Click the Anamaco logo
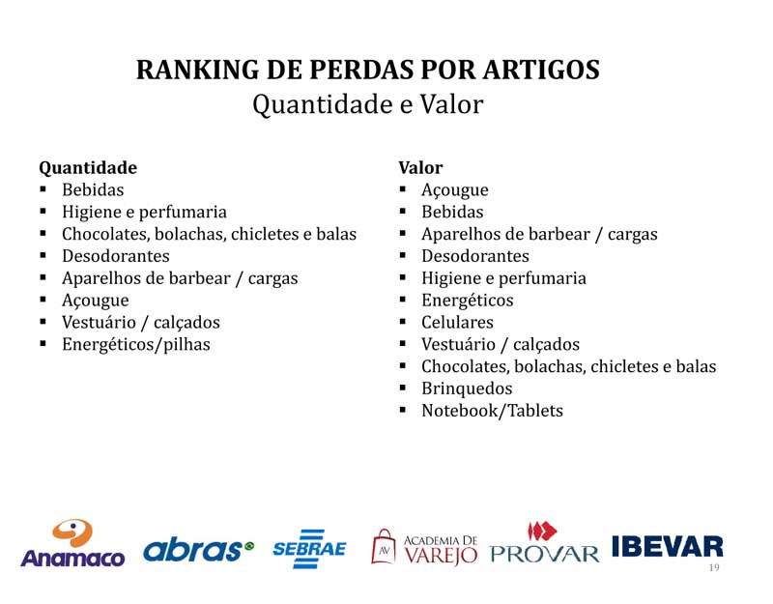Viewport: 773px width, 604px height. point(72,543)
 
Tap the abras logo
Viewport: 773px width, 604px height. point(198,551)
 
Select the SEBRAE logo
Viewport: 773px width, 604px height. point(309,549)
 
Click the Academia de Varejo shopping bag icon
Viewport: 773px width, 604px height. point(384,546)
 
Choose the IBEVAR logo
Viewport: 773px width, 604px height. point(668,547)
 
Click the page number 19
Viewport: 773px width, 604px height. point(714,567)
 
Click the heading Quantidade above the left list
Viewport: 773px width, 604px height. point(88,168)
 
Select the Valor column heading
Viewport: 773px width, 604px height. point(420,167)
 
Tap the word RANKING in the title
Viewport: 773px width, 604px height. point(198,70)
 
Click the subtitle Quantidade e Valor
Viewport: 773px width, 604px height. point(368,104)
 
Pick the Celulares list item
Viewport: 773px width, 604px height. point(457,322)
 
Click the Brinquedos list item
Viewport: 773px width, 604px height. point(467,388)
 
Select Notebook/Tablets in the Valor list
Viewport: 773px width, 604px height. point(492,410)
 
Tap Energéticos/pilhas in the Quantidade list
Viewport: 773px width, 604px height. point(136,344)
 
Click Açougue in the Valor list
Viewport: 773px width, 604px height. point(454,190)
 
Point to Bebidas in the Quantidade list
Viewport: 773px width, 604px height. point(93,189)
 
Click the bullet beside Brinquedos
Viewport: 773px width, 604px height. point(403,388)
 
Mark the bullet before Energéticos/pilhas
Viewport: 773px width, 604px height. point(43,343)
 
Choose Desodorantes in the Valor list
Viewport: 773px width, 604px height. point(475,256)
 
